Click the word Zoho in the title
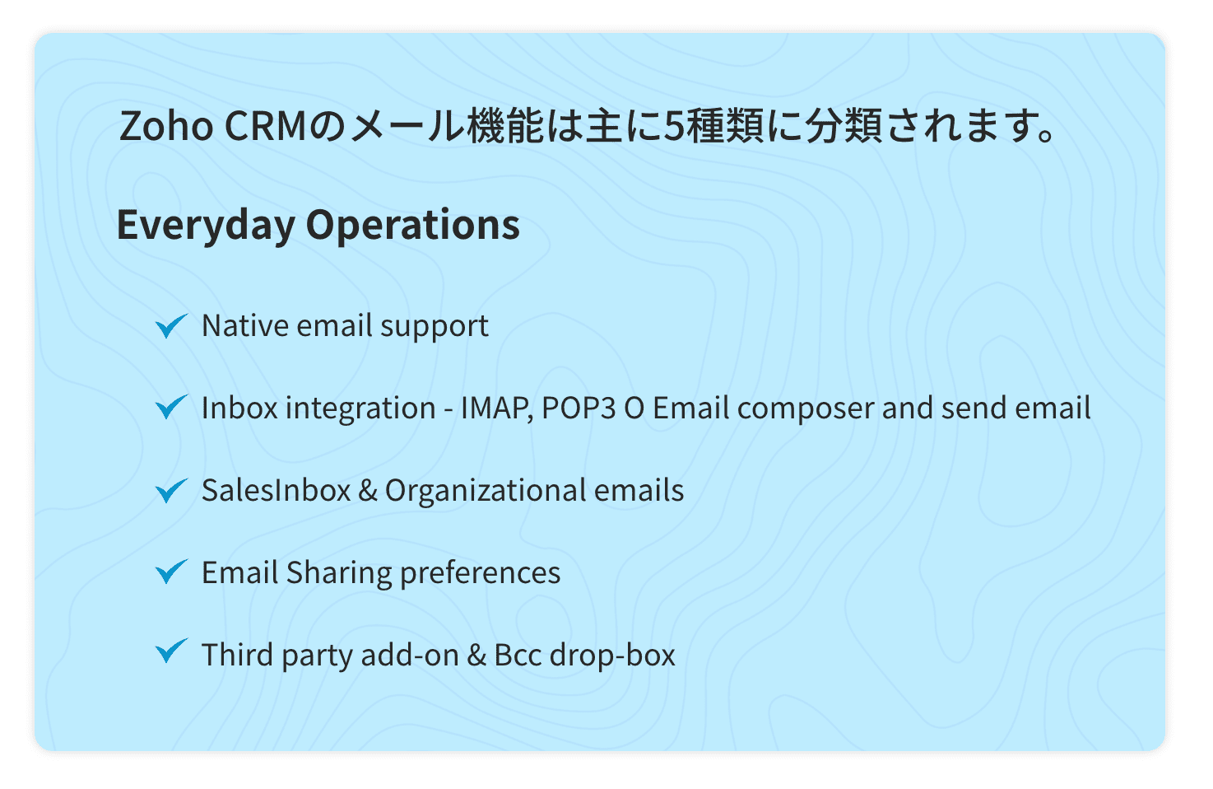coord(165,126)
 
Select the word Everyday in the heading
coord(206,226)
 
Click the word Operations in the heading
coord(412,226)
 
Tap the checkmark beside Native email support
coord(172,325)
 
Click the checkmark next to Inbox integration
coord(172,407)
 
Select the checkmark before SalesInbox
coord(172,490)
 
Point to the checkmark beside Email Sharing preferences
coord(172,572)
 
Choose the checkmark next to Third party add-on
coord(172,651)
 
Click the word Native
coord(245,325)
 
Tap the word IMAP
coord(497,408)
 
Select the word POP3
coord(579,408)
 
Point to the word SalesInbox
coord(277,490)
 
